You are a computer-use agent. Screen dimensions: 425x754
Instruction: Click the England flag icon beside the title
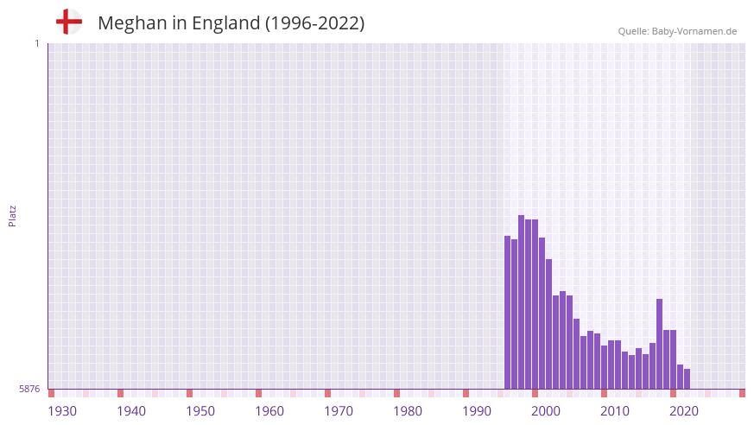pos(68,22)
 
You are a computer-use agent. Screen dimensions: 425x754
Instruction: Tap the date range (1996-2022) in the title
pos(315,23)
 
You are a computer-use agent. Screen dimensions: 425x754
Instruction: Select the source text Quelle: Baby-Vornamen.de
pos(677,31)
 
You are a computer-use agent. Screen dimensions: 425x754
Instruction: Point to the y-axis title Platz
pos(12,215)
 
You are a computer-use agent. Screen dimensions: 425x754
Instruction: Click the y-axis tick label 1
pos(36,43)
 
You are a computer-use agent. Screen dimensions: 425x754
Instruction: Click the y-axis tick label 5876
pos(29,390)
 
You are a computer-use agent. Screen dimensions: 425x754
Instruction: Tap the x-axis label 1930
pos(62,411)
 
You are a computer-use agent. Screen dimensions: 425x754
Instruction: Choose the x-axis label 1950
pos(200,411)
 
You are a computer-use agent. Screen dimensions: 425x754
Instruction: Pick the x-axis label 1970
pos(339,411)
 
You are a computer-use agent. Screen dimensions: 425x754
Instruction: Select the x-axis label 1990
pos(477,411)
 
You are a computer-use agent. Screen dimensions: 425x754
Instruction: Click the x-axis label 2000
pos(546,411)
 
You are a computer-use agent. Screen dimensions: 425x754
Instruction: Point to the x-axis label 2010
pos(615,411)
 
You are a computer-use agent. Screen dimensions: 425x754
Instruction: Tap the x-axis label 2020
pos(684,411)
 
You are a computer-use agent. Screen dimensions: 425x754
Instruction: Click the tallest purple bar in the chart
pos(521,302)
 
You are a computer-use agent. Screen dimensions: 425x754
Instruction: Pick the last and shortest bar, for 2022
pos(687,379)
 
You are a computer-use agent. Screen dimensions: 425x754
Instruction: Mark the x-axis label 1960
pos(269,411)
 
